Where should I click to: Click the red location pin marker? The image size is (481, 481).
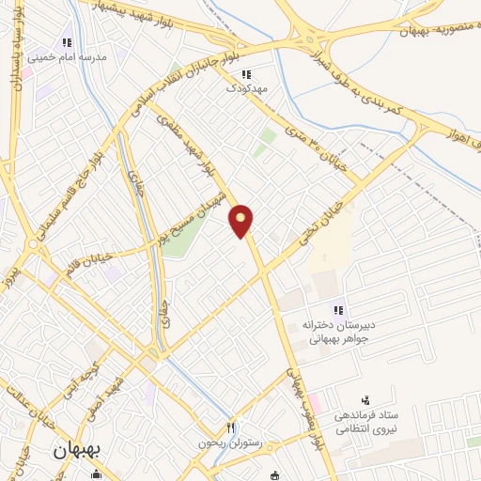click(241, 220)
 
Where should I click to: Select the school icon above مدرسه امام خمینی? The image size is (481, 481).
click(66, 42)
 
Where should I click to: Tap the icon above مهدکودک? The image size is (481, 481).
click(246, 74)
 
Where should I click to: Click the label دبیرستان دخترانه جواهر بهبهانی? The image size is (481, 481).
click(337, 332)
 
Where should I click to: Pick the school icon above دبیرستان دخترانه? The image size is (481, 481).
click(339, 311)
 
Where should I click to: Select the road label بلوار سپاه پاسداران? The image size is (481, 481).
click(17, 75)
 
